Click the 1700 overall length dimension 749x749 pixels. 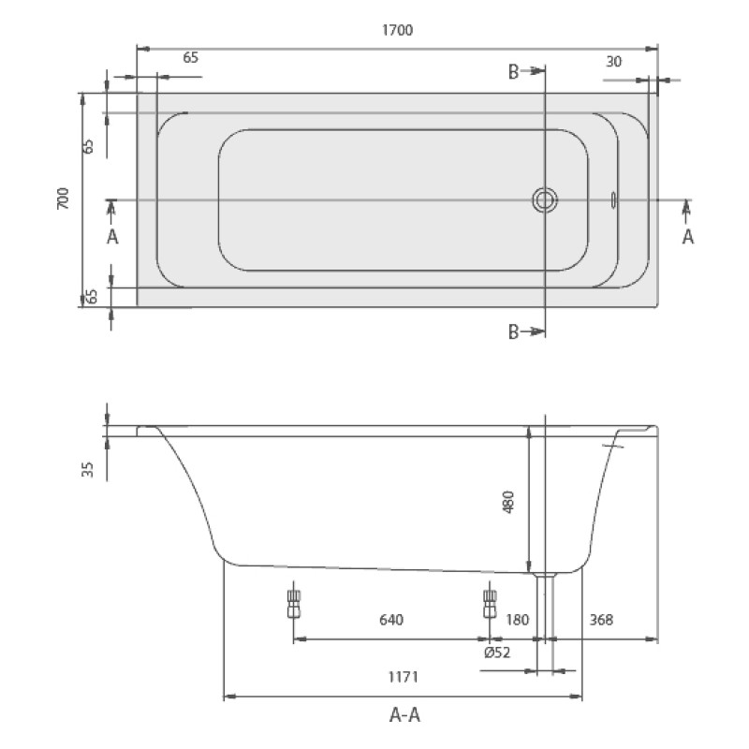(x=397, y=30)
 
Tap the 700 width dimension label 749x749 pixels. (x=63, y=198)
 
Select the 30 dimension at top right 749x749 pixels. (x=614, y=62)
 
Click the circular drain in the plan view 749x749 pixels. (x=545, y=200)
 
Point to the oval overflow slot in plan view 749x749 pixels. (x=613, y=200)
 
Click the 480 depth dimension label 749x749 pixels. (x=508, y=502)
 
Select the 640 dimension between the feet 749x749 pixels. (x=391, y=620)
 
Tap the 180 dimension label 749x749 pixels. (x=517, y=620)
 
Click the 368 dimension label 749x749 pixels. (x=601, y=620)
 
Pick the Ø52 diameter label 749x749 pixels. (x=497, y=652)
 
